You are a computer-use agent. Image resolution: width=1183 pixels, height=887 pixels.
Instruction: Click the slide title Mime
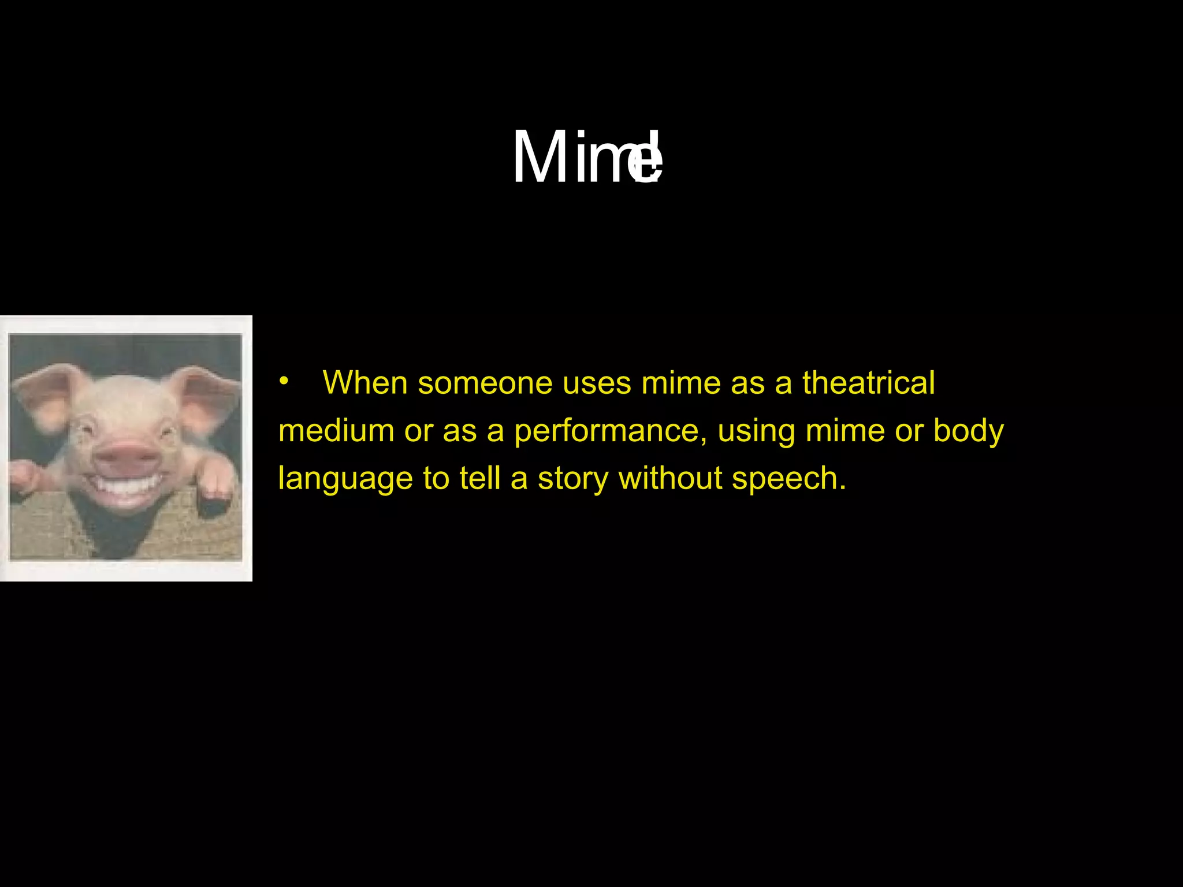coord(587,157)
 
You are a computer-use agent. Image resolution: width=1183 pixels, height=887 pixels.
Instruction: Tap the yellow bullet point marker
coord(283,381)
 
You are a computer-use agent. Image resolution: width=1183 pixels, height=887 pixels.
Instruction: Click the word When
coord(365,383)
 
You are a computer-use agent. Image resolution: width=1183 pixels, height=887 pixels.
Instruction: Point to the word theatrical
coord(868,383)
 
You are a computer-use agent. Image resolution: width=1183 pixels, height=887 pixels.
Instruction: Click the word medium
coord(336,431)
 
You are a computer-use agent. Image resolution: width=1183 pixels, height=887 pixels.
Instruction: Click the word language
coord(345,479)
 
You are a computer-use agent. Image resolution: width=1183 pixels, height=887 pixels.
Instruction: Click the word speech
coord(788,479)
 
